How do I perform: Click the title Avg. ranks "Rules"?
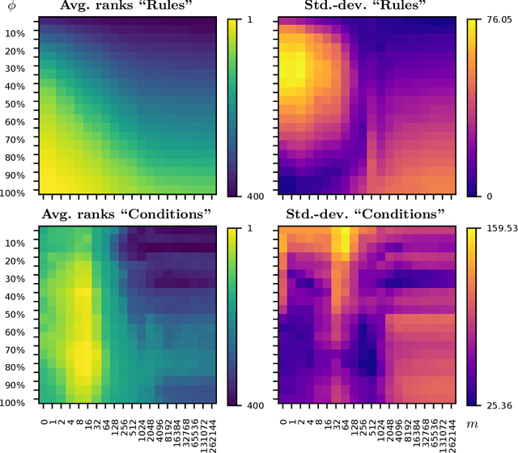click(129, 8)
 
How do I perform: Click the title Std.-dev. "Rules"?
click(367, 8)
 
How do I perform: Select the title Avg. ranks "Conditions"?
click(129, 214)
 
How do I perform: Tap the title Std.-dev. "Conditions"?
click(367, 214)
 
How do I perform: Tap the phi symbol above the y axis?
click(11, 8)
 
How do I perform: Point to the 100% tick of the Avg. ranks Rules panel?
click(19, 192)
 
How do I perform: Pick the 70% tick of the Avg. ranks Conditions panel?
click(21, 349)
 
